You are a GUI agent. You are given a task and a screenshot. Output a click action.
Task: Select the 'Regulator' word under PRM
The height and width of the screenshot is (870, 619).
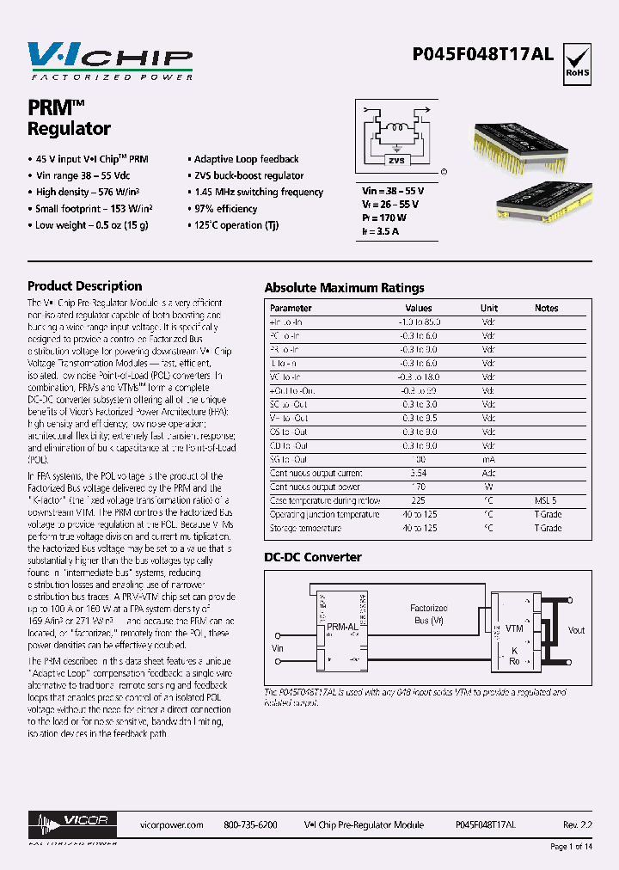click(x=70, y=130)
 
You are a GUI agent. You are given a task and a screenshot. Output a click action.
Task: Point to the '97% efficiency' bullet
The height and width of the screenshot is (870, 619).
click(x=225, y=209)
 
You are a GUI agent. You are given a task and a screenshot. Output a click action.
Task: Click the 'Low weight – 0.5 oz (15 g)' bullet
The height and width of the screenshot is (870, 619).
click(x=92, y=225)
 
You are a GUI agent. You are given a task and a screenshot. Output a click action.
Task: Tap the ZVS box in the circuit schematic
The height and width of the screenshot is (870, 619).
click(x=395, y=160)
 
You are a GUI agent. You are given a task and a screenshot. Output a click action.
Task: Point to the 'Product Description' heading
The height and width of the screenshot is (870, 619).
click(x=85, y=286)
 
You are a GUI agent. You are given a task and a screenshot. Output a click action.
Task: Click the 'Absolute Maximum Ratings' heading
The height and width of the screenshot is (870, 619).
click(x=344, y=288)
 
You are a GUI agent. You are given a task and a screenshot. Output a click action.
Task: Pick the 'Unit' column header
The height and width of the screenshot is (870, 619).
click(x=488, y=308)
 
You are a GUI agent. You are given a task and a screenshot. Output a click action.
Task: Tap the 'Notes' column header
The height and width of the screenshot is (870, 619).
click(x=546, y=308)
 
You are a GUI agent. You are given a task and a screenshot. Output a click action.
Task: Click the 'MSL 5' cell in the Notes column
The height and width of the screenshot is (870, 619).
click(x=546, y=500)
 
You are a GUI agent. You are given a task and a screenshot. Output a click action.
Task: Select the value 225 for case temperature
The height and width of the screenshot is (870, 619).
click(x=419, y=500)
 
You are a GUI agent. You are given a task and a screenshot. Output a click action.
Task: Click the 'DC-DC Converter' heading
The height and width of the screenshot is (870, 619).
click(x=313, y=557)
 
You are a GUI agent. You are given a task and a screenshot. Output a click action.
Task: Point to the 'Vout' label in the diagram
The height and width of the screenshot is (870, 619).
click(x=576, y=630)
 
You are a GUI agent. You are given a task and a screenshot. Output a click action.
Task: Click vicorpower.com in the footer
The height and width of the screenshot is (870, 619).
click(x=170, y=824)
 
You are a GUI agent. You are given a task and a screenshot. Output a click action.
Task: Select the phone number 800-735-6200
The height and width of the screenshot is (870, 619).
click(x=250, y=824)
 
